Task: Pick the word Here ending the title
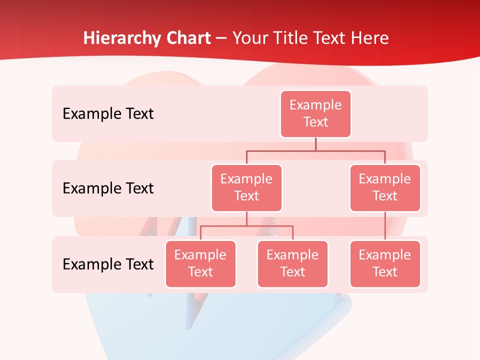click(x=370, y=38)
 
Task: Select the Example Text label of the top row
click(x=108, y=113)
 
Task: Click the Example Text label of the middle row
click(x=108, y=188)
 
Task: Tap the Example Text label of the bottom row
click(x=108, y=264)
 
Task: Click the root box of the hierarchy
click(x=315, y=113)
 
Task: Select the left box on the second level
click(x=246, y=187)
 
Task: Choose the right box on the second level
click(x=385, y=187)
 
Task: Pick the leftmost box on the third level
click(x=200, y=263)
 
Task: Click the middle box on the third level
click(x=292, y=263)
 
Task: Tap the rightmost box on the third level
click(x=385, y=263)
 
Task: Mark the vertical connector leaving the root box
click(x=315, y=144)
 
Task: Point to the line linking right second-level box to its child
click(x=385, y=226)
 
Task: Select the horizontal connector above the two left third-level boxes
click(x=225, y=226)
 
